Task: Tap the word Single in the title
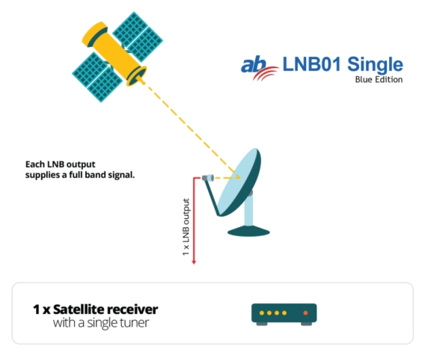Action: [375, 64]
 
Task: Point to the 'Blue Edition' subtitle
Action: [379, 80]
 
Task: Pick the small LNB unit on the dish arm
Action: [207, 177]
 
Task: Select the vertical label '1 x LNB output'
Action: [186, 228]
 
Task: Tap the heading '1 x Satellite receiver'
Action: [95, 309]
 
